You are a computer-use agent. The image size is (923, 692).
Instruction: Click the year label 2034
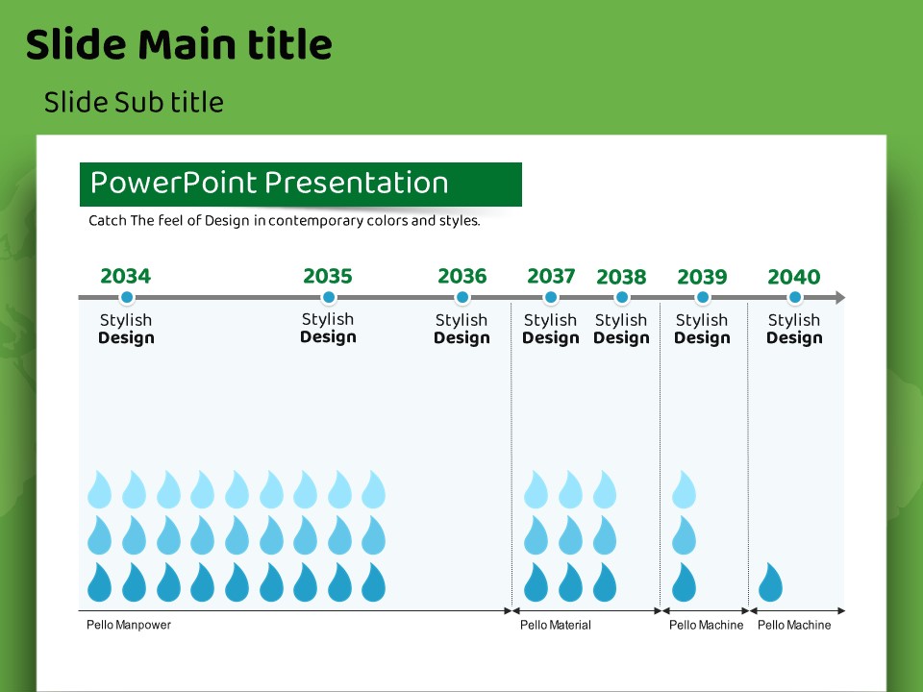tap(125, 277)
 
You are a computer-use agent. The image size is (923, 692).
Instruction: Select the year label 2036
tap(461, 277)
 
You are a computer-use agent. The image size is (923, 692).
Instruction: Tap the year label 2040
tap(793, 278)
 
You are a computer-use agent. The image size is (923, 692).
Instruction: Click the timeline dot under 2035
tap(329, 298)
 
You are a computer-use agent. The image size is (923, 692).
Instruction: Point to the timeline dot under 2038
tap(621, 298)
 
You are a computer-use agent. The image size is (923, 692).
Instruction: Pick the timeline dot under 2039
tap(702, 298)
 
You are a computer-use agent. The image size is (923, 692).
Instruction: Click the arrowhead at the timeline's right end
tap(839, 298)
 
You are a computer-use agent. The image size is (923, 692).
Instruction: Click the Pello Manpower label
tap(129, 625)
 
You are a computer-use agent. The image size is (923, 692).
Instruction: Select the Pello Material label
tap(556, 625)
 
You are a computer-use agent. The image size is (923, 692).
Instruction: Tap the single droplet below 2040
tap(770, 582)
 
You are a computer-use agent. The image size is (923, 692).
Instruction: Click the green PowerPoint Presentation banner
tap(300, 184)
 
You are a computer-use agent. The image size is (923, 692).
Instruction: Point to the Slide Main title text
tap(179, 44)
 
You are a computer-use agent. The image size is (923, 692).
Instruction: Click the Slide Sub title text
tap(134, 102)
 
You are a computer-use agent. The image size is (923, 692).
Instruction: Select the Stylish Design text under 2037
tap(550, 329)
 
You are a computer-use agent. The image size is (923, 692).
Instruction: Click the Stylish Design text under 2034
tap(126, 329)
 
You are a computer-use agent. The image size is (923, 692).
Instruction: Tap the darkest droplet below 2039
tap(684, 582)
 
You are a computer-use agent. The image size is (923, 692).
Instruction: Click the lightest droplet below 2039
tap(684, 489)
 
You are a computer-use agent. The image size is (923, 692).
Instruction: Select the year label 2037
tap(551, 277)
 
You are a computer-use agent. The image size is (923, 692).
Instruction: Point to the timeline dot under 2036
tap(462, 298)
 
